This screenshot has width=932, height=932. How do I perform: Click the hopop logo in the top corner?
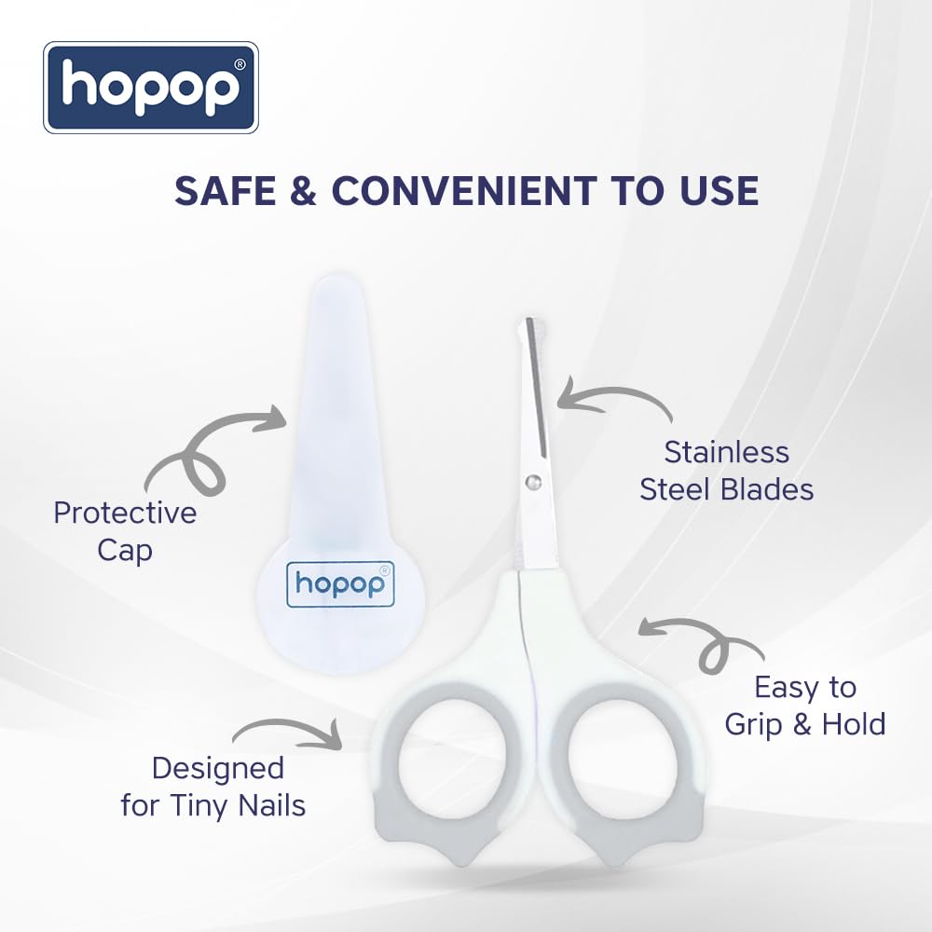pos(150,87)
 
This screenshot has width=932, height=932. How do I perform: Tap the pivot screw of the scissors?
pos(533,481)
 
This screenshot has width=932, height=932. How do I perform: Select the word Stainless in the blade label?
pos(726,452)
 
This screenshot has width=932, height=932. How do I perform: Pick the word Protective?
pos(125,514)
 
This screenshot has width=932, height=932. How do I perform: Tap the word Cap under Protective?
pos(125,551)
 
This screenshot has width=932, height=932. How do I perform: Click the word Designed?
pos(217,769)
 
